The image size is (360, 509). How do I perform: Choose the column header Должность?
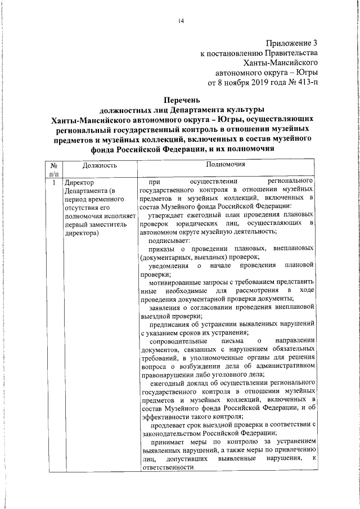pos(99,166)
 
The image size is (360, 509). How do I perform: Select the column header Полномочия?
pos(225,166)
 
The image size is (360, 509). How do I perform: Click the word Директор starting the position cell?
pos(79,183)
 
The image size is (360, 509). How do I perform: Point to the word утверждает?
pos(168,216)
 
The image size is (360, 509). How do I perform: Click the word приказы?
pos(163,249)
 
